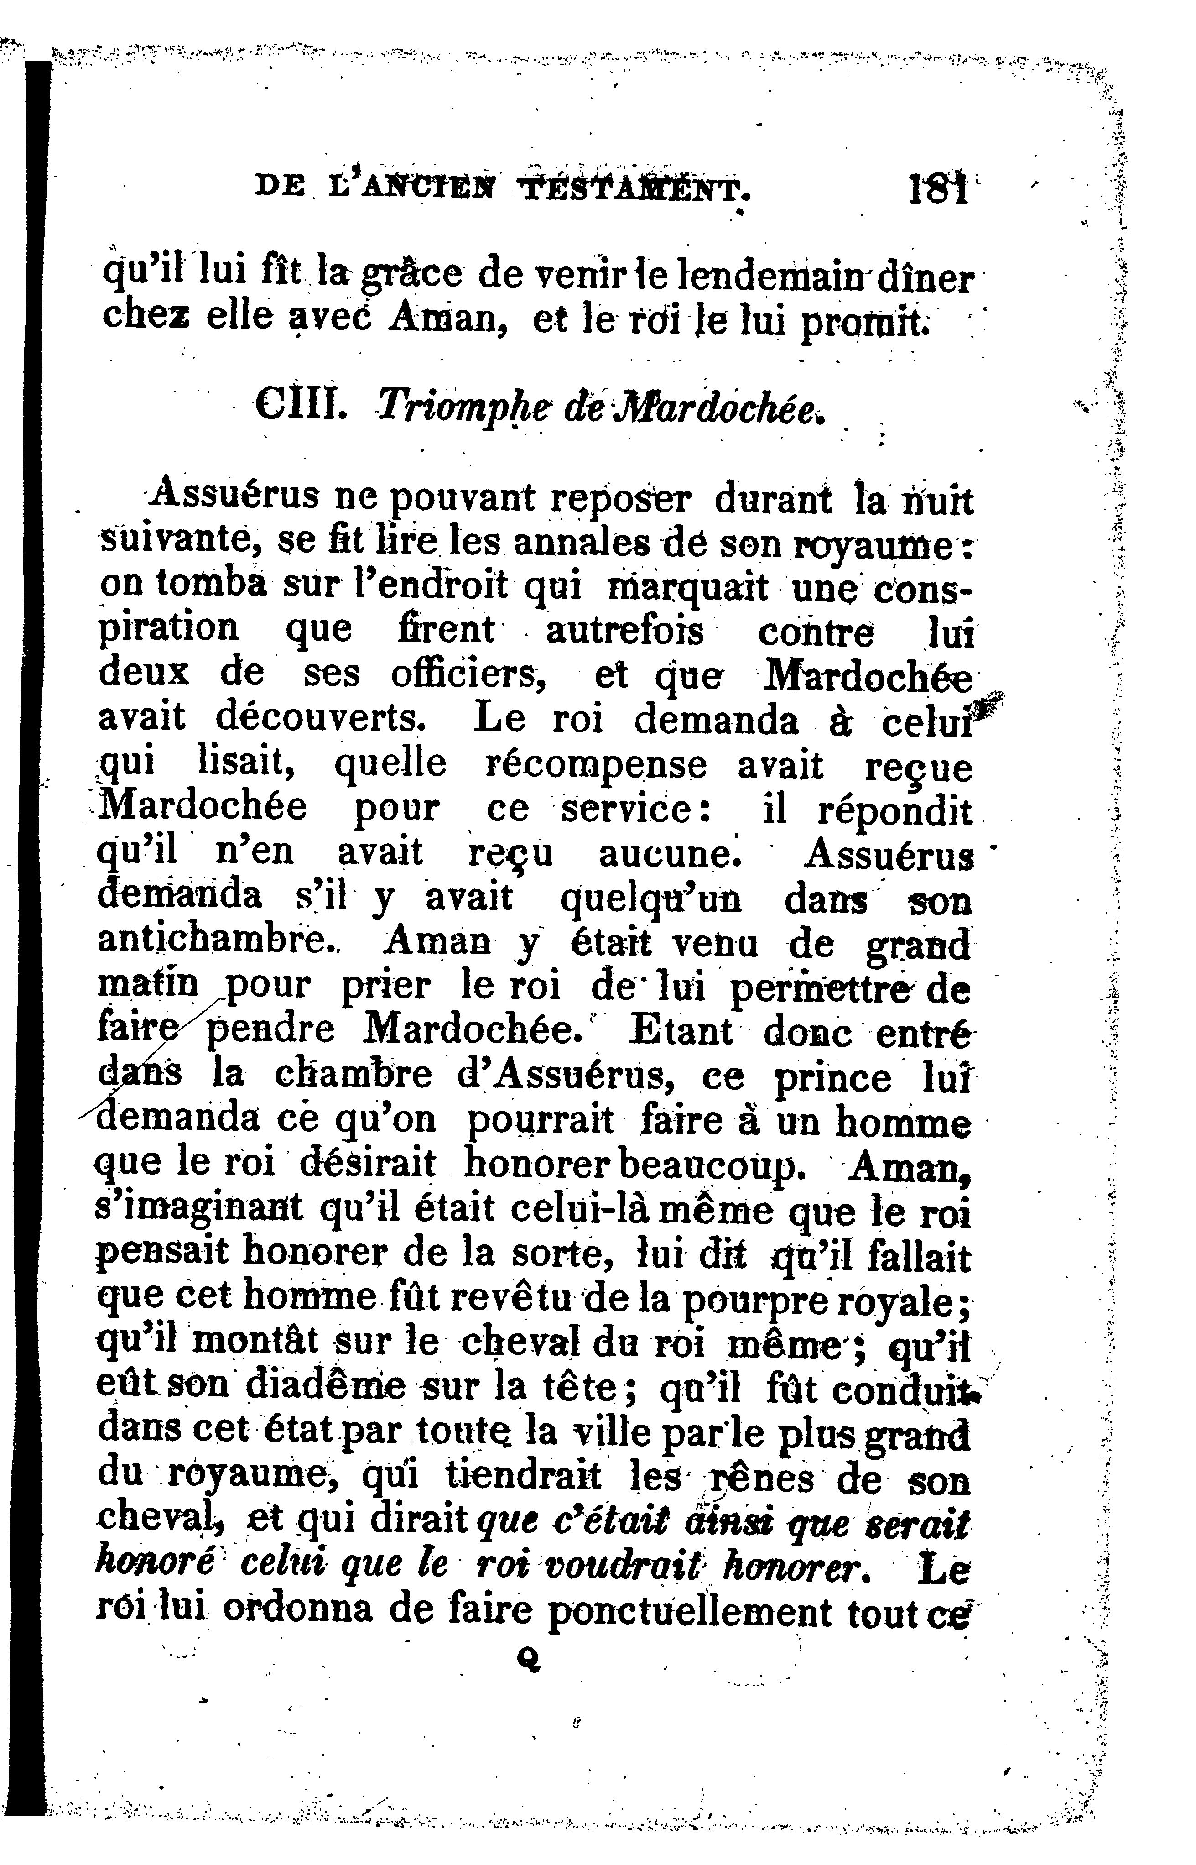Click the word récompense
click(x=596, y=764)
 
